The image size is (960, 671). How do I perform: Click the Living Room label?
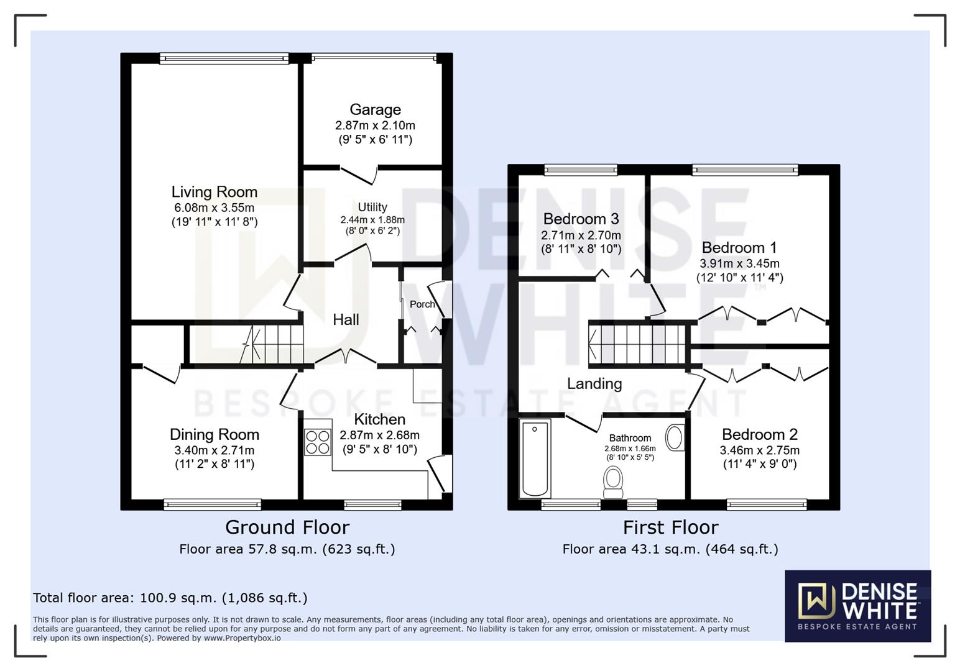[x=214, y=192]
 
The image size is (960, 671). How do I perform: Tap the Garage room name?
[x=375, y=109]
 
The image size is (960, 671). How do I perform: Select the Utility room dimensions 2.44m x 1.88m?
[x=372, y=220]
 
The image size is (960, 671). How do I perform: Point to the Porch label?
[x=422, y=304]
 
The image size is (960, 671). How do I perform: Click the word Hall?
[x=346, y=319]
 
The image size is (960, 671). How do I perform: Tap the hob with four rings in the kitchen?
[x=318, y=442]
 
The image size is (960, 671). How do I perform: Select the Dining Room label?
[x=214, y=434]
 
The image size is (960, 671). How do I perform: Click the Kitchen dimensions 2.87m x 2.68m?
[x=379, y=435]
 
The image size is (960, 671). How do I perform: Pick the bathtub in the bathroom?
[x=535, y=459]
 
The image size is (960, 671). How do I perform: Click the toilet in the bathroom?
[x=614, y=482]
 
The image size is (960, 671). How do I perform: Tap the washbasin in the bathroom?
[x=675, y=437]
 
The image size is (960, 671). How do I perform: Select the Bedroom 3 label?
[x=581, y=219]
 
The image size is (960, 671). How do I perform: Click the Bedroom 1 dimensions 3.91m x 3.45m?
[x=739, y=263]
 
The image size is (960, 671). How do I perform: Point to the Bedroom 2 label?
[x=759, y=434]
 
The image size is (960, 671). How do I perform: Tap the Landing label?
[x=594, y=383]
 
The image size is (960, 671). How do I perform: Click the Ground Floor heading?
[x=287, y=527]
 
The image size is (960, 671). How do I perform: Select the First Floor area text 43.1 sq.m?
[x=670, y=549]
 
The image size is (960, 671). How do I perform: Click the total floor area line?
[x=170, y=598]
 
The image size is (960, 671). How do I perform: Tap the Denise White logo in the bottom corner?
[x=857, y=606]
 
